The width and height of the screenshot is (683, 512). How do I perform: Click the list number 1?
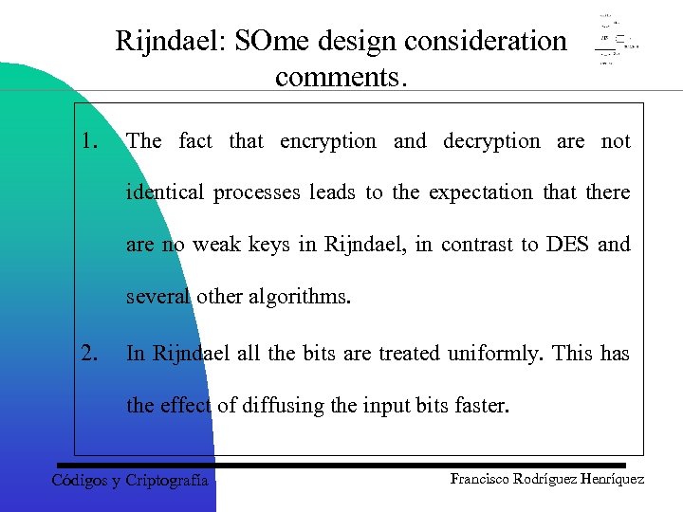coord(91,141)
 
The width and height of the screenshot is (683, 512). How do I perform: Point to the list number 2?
coord(91,354)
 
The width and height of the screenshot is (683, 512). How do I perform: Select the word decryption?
coord(491,141)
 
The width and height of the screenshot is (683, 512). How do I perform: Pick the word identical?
coord(165,192)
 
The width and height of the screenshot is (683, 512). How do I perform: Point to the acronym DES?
coord(567,244)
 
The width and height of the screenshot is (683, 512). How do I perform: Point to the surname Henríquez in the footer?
coord(608,479)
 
